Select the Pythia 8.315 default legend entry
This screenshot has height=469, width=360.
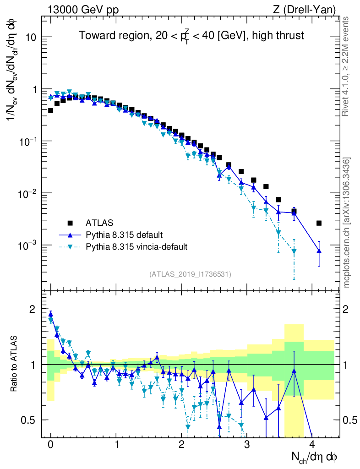124,235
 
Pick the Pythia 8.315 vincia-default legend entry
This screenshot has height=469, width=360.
136,247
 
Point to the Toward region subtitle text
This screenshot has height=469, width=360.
191,35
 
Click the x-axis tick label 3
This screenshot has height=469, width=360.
247,445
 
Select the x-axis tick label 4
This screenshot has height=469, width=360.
312,445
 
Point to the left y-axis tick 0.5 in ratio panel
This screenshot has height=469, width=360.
29,420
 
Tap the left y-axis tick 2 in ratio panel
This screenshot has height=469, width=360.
32,309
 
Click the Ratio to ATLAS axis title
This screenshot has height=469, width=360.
15,364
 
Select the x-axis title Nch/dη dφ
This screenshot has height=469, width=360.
315,457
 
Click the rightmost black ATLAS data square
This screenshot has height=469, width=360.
319,223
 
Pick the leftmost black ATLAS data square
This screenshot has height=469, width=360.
50,110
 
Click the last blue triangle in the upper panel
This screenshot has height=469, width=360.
319,251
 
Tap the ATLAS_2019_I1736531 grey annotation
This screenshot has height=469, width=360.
190,274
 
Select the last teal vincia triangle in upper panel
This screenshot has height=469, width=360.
294,251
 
